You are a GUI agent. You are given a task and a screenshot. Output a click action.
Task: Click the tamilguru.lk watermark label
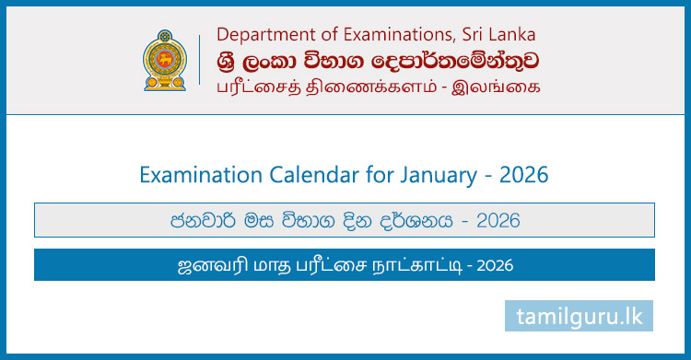click(580, 316)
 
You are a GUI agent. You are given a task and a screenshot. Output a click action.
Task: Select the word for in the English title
click(368, 173)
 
